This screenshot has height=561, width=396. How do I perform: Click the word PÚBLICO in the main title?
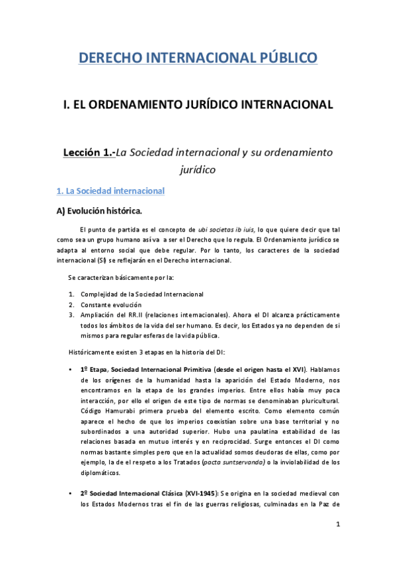pos(280,58)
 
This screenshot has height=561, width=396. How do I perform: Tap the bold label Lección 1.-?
pos(89,152)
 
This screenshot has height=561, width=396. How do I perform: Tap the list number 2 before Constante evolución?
pos(71,304)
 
